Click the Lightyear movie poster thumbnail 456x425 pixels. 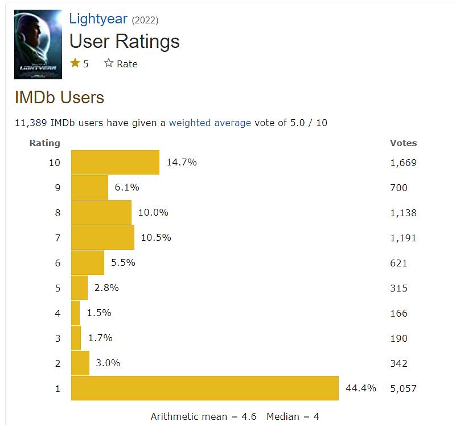[38, 44]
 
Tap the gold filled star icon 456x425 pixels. [75, 63]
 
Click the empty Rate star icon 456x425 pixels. [109, 63]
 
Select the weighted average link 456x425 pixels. [209, 123]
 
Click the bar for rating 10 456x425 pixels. [115, 163]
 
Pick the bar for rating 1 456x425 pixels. [205, 388]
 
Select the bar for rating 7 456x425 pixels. [102, 238]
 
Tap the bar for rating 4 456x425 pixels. [75, 313]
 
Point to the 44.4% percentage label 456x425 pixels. [361, 388]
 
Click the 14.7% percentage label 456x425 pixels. [182, 163]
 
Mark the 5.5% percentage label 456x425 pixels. [123, 263]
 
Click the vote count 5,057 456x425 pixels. [403, 388]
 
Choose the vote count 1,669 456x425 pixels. [403, 163]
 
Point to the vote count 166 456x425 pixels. [399, 313]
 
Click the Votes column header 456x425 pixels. [403, 143]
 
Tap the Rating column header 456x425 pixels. [44, 143]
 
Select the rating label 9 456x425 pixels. [57, 188]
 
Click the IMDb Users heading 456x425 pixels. [59, 97]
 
